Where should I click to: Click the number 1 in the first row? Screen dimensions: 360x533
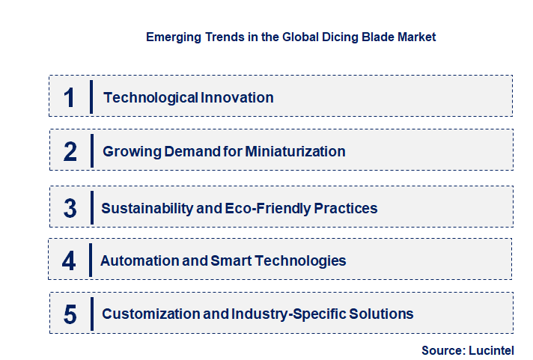tap(70, 97)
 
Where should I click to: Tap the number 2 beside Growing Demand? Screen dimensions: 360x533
tap(70, 152)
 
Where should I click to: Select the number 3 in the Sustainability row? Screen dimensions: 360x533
tap(70, 208)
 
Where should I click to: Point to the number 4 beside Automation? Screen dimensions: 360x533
tap(70, 261)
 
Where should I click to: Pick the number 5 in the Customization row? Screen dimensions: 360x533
tap(70, 314)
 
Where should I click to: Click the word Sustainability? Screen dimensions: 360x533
tap(147, 208)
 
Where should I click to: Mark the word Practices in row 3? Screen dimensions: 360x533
tap(346, 208)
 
